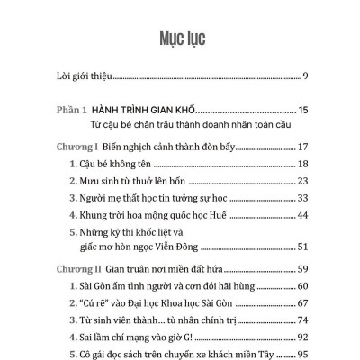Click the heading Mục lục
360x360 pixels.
[x=180, y=37]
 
